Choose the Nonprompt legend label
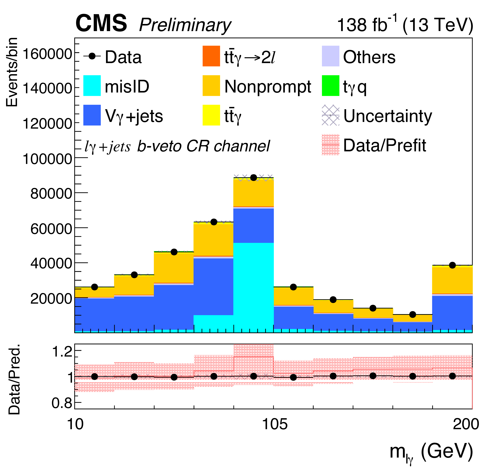pos(267,87)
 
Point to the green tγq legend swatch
pos(330,86)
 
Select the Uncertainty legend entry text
pos(387,116)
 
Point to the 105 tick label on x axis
pos(275,424)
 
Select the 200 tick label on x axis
pos(466,424)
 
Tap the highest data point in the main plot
pos(253,178)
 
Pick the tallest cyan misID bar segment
pos(253,287)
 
